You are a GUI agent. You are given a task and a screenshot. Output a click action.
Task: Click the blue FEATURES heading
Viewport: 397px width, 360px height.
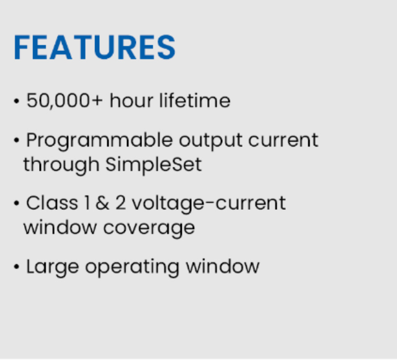pyautogui.click(x=94, y=47)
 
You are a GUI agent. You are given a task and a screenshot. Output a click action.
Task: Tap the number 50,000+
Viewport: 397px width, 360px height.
pyautogui.click(x=65, y=101)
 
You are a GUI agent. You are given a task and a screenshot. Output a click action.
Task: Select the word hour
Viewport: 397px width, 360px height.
pyautogui.click(x=132, y=101)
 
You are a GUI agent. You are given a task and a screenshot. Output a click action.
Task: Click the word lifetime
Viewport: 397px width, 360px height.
pyautogui.click(x=195, y=101)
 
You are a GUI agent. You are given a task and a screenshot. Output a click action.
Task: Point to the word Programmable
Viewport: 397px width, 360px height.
pyautogui.click(x=99, y=141)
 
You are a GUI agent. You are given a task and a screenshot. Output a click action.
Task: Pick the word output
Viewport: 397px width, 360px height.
pyautogui.click(x=210, y=141)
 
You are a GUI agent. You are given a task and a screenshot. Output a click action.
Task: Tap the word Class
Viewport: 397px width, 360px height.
pyautogui.click(x=52, y=203)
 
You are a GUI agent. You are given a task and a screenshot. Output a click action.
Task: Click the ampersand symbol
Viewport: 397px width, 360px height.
pyautogui.click(x=102, y=203)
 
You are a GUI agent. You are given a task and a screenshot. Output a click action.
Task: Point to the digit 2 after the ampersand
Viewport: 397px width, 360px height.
pyautogui.click(x=120, y=203)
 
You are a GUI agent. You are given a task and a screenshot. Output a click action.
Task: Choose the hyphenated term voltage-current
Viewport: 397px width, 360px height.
pyautogui.click(x=209, y=204)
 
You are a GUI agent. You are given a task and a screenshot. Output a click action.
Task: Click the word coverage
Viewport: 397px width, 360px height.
pyautogui.click(x=149, y=228)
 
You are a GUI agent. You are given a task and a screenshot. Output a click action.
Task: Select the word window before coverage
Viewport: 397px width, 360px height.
pyautogui.click(x=60, y=227)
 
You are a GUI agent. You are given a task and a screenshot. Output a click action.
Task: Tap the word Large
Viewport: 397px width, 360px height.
pyautogui.click(x=53, y=268)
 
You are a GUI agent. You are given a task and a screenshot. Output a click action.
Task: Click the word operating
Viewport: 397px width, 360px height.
pyautogui.click(x=132, y=268)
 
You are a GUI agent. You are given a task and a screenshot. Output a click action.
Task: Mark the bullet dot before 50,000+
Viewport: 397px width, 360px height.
pyautogui.click(x=17, y=101)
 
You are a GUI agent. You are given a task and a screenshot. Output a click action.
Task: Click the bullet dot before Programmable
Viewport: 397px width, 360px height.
pyautogui.click(x=17, y=140)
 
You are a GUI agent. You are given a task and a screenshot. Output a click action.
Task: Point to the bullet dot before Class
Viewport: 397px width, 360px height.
pyautogui.click(x=17, y=203)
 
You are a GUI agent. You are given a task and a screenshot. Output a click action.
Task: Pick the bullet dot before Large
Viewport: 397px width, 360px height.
pyautogui.click(x=17, y=266)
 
